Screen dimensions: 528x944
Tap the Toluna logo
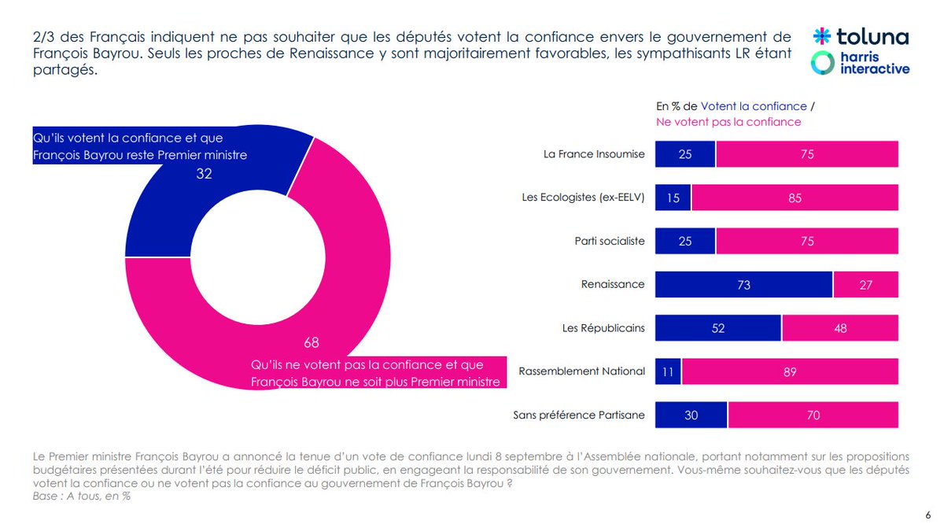pyautogui.click(x=861, y=36)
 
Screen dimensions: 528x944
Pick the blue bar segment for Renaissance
pyautogui.click(x=743, y=285)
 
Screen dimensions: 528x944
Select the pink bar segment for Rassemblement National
pyautogui.click(x=790, y=371)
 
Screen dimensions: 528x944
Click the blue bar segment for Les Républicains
pyautogui.click(x=718, y=328)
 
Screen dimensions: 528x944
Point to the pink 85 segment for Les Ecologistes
pyautogui.click(x=795, y=198)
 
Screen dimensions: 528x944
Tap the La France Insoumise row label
pyautogui.click(x=594, y=154)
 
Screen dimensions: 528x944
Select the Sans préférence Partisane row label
pyautogui.click(x=579, y=415)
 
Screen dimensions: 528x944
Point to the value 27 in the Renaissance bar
pyautogui.click(x=866, y=285)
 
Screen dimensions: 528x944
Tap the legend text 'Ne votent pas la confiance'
pyautogui.click(x=728, y=122)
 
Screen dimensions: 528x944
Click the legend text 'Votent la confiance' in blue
pyautogui.click(x=754, y=106)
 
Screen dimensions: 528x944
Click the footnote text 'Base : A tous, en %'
pyautogui.click(x=82, y=496)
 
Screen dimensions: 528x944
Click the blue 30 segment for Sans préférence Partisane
pyautogui.click(x=691, y=415)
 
